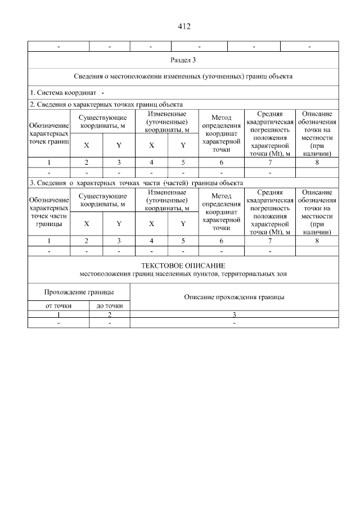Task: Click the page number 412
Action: (x=183, y=26)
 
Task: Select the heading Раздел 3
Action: (x=183, y=60)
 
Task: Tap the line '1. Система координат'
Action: (x=64, y=92)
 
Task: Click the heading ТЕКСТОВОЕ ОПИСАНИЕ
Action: (x=183, y=265)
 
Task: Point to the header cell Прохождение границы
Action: (x=79, y=292)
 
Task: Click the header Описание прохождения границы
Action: (x=234, y=296)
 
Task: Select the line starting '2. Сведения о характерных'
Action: (x=106, y=104)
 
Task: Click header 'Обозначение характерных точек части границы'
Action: (x=48, y=211)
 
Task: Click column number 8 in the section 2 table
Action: (x=317, y=162)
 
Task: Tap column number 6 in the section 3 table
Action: (x=221, y=241)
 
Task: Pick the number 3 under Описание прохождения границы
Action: (x=234, y=315)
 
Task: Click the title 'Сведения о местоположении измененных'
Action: (x=183, y=76)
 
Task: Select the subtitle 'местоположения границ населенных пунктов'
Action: (x=183, y=274)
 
